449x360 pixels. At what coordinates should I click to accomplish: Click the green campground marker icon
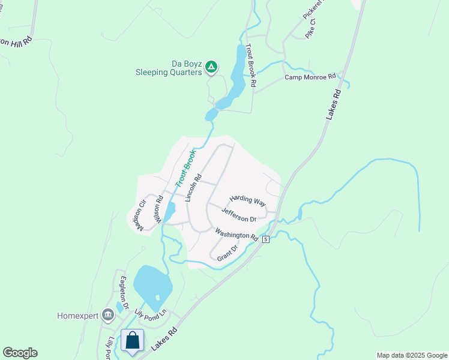coord(211,67)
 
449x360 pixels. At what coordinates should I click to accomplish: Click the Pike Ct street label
coord(310,31)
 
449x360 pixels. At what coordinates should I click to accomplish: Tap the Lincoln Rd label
coord(191,187)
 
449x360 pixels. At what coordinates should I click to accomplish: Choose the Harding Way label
coord(247,200)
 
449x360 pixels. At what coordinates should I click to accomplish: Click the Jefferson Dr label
coord(243,215)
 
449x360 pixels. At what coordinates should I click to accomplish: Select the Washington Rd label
coord(236,234)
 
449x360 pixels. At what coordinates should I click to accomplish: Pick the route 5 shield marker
coord(265,239)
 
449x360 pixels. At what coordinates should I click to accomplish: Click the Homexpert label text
coord(77,316)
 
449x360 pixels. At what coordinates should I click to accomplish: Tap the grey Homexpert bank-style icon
coord(108,314)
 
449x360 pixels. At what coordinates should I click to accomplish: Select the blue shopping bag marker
coord(132,341)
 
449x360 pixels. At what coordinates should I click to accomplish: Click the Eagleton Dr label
coord(124,292)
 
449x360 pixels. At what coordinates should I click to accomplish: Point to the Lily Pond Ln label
coord(153,314)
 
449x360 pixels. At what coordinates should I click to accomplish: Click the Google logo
coord(20,353)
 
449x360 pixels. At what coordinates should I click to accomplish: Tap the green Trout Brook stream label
coord(186,167)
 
